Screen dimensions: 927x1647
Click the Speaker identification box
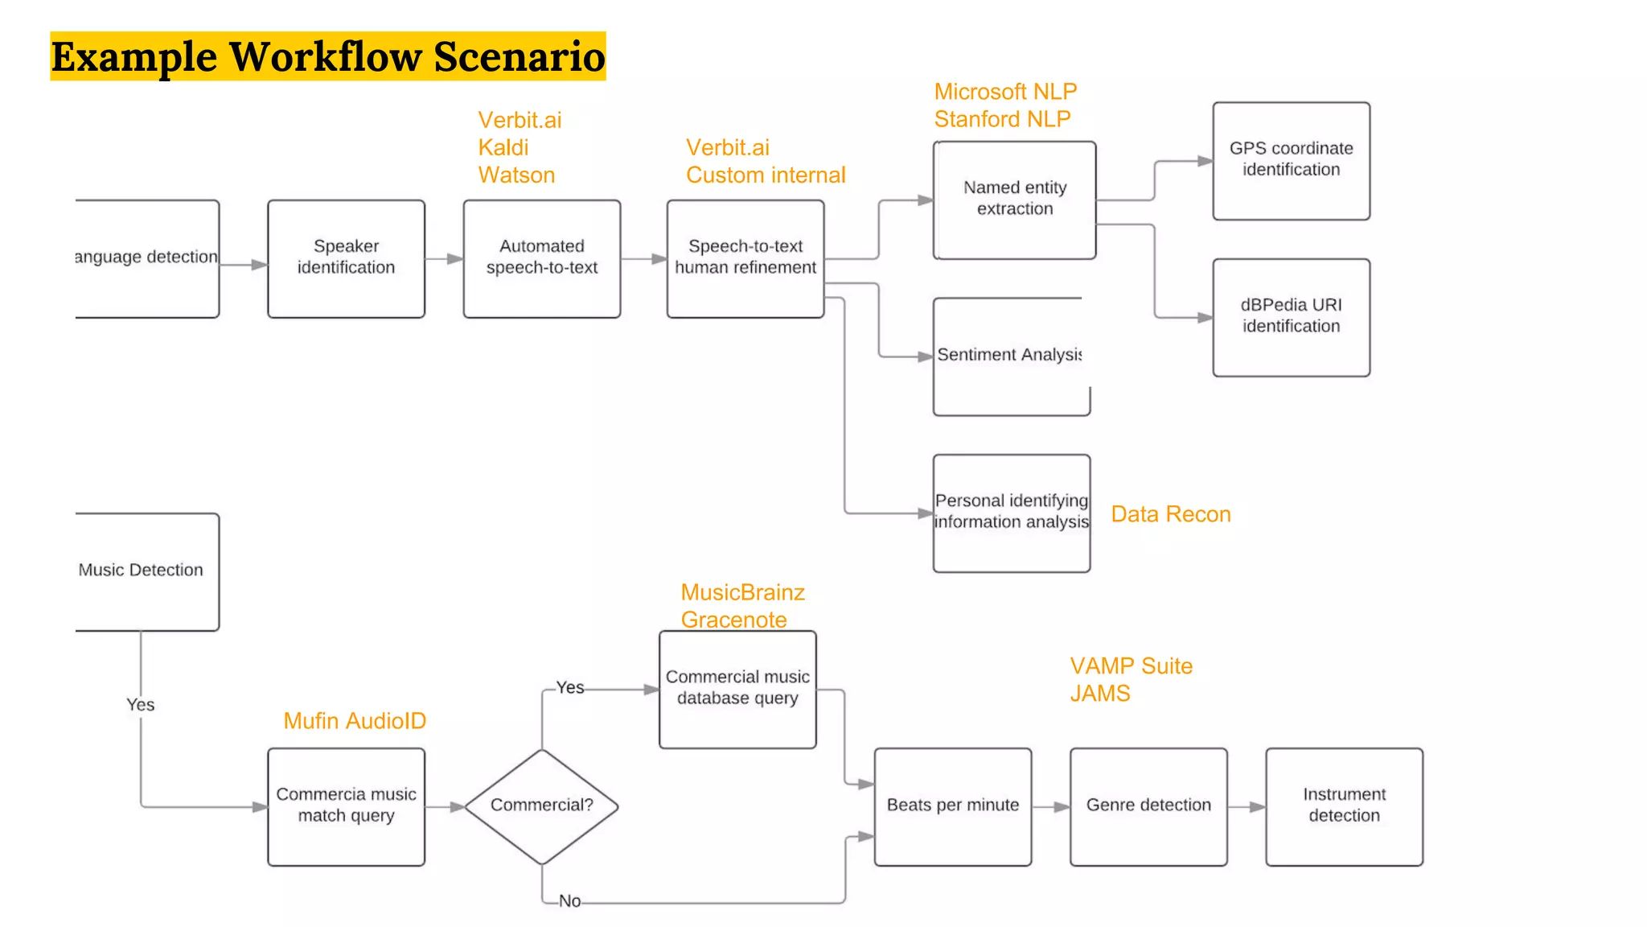[x=346, y=258]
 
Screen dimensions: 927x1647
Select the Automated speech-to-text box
[x=541, y=258]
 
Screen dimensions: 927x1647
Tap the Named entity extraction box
[x=1014, y=200]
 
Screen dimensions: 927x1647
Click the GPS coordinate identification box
[x=1291, y=160]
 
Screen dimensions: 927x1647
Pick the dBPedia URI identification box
[x=1291, y=317]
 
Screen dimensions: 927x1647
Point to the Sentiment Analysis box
[x=1011, y=356]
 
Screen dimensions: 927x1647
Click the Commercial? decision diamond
[x=541, y=805]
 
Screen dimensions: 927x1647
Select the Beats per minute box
[x=952, y=806]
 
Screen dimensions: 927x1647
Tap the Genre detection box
[x=1148, y=806]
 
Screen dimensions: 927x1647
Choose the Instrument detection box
[x=1344, y=806]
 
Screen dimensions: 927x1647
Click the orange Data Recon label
[x=1170, y=514]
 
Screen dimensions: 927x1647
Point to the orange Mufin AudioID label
[x=355, y=721]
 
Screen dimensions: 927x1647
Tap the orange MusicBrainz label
[x=742, y=592]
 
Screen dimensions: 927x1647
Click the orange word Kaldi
[x=503, y=148]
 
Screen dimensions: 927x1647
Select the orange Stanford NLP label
[x=1002, y=119]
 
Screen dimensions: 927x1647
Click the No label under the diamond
[x=569, y=901]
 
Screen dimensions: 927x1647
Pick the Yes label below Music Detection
[x=140, y=705]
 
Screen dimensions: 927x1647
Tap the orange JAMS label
[x=1099, y=694]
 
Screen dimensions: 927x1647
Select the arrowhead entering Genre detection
[x=1062, y=806]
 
